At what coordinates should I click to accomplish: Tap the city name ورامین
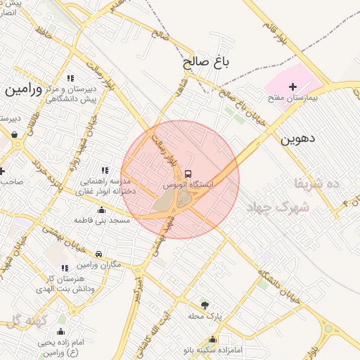click(24, 89)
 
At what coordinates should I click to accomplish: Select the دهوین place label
click(298, 139)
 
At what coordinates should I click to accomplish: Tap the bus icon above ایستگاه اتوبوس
click(188, 173)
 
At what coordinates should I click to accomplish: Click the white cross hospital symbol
click(292, 86)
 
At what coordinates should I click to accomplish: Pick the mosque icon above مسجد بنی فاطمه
click(101, 210)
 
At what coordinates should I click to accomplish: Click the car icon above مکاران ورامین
click(98, 254)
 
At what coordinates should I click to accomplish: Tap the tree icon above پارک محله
click(205, 305)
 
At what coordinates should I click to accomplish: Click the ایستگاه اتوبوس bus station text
click(188, 184)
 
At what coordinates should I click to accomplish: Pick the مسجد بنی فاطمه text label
click(101, 221)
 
